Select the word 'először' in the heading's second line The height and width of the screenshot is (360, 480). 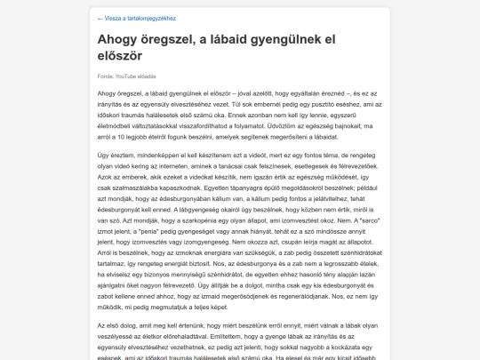pos(126,55)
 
